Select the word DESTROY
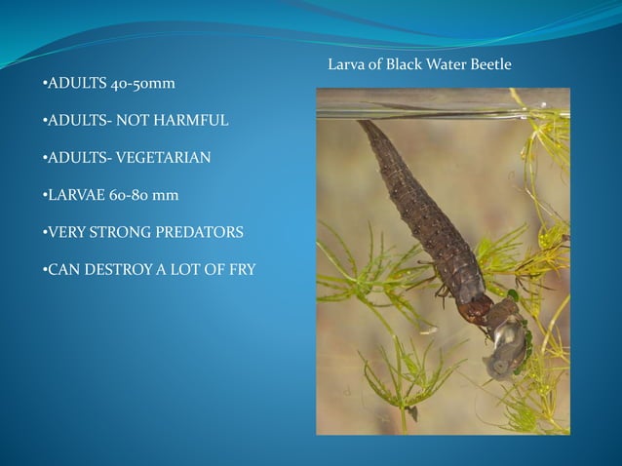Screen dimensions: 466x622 [x=121, y=269]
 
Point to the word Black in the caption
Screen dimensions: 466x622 [x=404, y=64]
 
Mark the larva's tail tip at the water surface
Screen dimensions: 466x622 [x=365, y=124]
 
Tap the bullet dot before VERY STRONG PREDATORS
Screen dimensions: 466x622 [x=46, y=232]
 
